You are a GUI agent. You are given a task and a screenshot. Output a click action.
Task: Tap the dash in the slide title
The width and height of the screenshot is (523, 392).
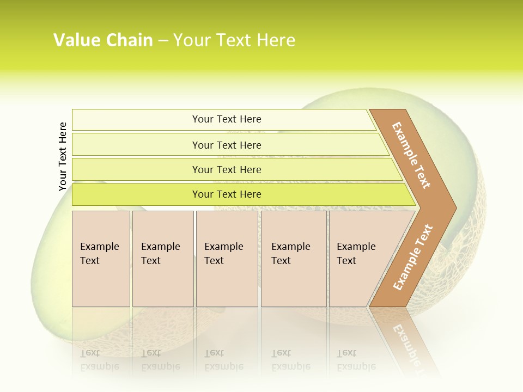163,41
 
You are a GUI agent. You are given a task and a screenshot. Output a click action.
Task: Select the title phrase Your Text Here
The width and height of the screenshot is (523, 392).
234,40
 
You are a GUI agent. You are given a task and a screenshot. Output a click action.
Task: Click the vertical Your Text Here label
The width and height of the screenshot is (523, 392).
63,156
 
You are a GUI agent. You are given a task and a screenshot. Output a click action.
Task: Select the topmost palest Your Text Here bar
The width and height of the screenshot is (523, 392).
226,119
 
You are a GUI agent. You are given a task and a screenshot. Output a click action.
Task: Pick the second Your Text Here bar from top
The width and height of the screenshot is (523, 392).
226,145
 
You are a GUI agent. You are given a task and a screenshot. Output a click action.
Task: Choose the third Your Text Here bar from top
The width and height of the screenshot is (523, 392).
226,169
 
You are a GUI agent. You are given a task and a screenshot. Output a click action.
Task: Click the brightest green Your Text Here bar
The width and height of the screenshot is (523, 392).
226,194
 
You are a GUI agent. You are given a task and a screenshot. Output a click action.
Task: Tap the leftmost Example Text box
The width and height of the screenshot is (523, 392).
101,259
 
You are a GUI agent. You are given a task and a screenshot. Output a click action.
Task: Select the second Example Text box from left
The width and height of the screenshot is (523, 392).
162,259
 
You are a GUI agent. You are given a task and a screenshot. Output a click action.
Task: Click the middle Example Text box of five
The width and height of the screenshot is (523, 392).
227,259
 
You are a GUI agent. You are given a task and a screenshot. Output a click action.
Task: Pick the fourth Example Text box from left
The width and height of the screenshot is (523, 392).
293,259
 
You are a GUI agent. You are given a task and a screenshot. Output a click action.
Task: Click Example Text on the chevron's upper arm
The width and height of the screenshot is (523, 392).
411,155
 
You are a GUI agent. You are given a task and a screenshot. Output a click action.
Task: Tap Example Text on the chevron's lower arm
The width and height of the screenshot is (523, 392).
413,258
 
